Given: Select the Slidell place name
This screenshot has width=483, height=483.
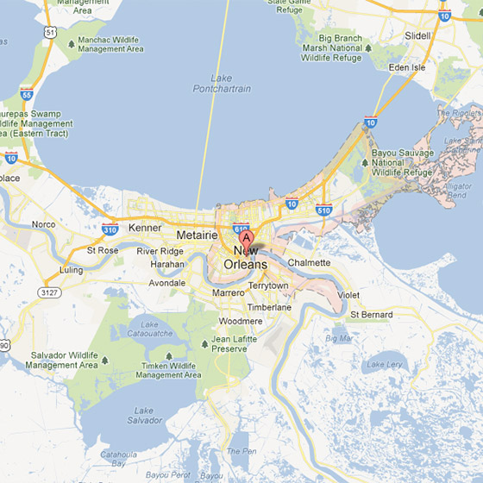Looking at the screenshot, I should click(419, 35).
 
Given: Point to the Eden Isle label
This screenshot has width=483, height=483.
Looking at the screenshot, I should click(406, 67).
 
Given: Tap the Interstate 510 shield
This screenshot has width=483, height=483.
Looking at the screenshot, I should click(323, 210).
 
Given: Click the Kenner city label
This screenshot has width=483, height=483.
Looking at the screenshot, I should click(145, 228).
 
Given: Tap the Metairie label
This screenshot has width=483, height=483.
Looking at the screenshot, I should click(195, 235).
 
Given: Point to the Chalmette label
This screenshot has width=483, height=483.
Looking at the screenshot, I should click(309, 262).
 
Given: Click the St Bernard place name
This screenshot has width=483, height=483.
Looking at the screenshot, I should click(371, 315).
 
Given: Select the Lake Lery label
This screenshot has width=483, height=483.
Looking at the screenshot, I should click(385, 365).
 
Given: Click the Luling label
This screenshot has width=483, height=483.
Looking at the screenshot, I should click(71, 270).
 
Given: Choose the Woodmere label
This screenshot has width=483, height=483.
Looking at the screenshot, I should click(241, 321).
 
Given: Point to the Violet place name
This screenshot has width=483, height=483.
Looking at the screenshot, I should click(348, 295).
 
